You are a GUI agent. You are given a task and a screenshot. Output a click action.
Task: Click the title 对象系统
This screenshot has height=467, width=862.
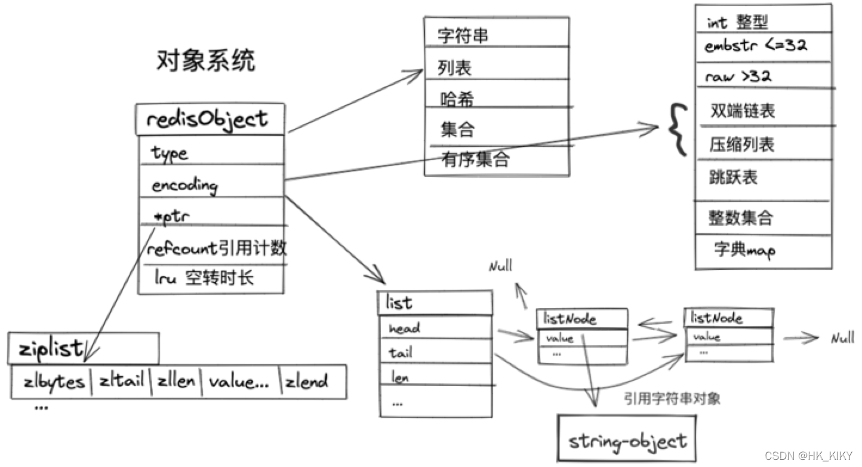coord(205,60)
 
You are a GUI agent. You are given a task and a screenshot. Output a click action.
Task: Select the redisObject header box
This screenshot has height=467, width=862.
coord(211,119)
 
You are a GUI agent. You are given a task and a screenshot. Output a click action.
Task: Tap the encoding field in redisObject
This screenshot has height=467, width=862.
coord(211,181)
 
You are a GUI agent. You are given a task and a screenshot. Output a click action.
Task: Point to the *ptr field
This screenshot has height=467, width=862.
coord(211,211)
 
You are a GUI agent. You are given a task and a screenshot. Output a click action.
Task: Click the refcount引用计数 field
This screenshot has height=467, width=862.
coord(212,245)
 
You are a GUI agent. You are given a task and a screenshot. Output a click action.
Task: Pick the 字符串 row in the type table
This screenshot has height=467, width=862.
coord(497,32)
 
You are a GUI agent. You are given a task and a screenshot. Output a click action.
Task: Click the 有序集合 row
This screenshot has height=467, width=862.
coord(497,161)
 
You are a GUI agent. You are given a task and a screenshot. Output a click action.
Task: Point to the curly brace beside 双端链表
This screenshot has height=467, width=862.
coord(678,130)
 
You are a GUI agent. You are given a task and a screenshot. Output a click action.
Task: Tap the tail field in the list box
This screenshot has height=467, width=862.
coord(436,351)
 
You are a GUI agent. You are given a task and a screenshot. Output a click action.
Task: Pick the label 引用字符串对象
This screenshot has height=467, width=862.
coord(672,398)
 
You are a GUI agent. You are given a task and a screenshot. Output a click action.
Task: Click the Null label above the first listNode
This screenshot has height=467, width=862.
coord(501,266)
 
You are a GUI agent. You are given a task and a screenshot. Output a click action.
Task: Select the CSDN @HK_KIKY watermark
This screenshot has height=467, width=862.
coord(808,456)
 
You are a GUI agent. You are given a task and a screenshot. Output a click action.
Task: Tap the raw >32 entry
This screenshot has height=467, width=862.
coord(764,75)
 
